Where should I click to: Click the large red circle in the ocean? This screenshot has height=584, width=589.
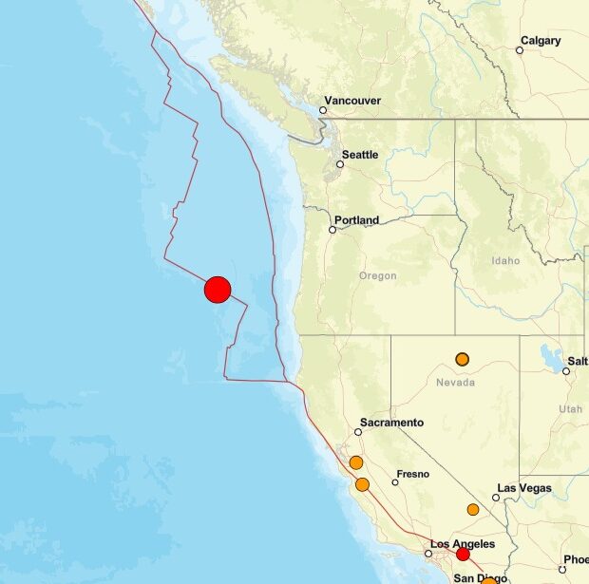click(218, 290)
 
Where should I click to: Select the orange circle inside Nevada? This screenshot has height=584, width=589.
click(463, 359)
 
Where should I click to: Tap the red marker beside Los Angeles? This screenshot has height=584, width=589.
click(463, 555)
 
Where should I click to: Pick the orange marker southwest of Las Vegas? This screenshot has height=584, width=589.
click(473, 510)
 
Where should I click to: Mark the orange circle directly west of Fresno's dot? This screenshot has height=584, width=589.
click(362, 484)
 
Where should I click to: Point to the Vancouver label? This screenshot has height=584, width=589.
click(352, 100)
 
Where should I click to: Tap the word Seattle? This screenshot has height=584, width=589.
click(360, 155)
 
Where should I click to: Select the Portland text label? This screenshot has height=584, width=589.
click(356, 220)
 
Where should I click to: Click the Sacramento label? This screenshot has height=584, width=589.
click(391, 423)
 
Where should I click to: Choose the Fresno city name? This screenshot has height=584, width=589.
click(413, 474)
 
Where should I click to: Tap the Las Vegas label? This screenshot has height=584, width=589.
click(524, 488)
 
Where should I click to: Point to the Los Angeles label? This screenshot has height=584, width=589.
click(462, 543)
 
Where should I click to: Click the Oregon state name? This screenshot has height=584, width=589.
click(377, 276)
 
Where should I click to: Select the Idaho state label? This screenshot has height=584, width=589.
click(505, 260)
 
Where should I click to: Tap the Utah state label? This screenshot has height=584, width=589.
click(570, 408)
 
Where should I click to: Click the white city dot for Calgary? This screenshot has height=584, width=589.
click(521, 50)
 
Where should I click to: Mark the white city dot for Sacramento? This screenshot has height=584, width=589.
click(358, 432)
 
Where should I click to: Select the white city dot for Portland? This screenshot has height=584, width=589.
click(332, 230)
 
